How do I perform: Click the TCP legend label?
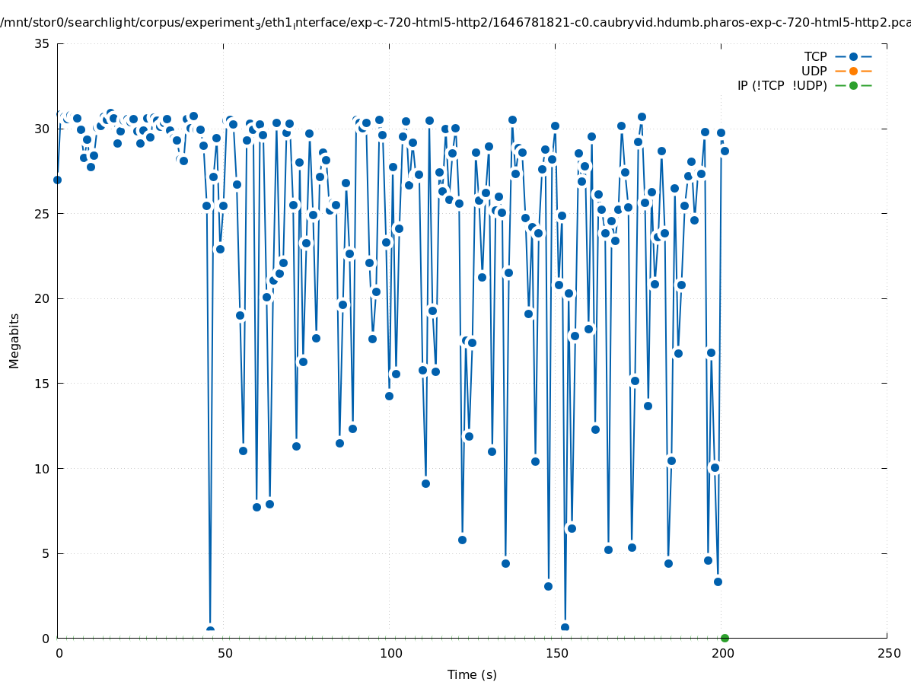point(815,56)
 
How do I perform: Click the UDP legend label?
point(814,71)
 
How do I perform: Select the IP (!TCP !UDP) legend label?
point(782,85)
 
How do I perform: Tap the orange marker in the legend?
point(853,71)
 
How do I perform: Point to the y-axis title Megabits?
point(14,340)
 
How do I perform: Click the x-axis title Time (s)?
point(472,674)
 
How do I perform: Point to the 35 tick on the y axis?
point(43,43)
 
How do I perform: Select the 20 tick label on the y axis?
point(43,298)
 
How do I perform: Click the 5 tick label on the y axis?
point(46,553)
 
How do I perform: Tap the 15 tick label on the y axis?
point(43,384)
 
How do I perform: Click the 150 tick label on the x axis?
point(556,654)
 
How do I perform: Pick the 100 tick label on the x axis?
point(390,654)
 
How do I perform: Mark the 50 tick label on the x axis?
point(225,654)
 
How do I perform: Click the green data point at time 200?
point(725,638)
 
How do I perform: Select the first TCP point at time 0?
point(57,180)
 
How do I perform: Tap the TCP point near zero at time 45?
point(210,630)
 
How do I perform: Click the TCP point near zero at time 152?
point(565,628)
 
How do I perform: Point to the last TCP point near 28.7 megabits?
point(725,151)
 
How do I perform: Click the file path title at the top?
point(455,23)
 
